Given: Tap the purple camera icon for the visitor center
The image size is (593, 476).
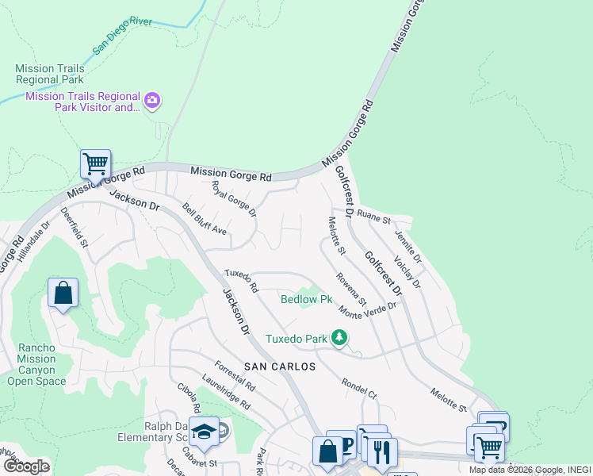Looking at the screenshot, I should (x=152, y=101).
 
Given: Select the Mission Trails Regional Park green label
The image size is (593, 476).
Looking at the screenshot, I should (x=50, y=74).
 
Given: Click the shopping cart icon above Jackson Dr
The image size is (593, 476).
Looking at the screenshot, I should (x=95, y=164).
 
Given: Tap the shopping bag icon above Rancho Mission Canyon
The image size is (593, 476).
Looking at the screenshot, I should (x=63, y=293).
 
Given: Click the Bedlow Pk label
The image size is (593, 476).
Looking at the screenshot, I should (x=306, y=299).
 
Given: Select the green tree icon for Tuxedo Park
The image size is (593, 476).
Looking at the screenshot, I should (x=339, y=339).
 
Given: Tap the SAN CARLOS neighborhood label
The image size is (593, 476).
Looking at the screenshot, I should (x=279, y=367).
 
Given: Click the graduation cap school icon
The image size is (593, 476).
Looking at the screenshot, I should (x=204, y=431).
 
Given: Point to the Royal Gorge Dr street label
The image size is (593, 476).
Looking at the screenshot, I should (x=234, y=199).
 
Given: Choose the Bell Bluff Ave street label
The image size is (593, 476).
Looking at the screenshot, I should (x=205, y=220).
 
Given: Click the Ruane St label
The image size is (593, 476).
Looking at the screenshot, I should (x=373, y=215).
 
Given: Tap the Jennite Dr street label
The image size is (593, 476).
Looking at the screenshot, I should (x=407, y=248).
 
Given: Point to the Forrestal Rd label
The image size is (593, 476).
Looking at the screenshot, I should (x=235, y=376).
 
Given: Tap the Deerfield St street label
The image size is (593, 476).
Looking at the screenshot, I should (x=74, y=228).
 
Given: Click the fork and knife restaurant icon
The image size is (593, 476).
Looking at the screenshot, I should (x=382, y=451).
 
